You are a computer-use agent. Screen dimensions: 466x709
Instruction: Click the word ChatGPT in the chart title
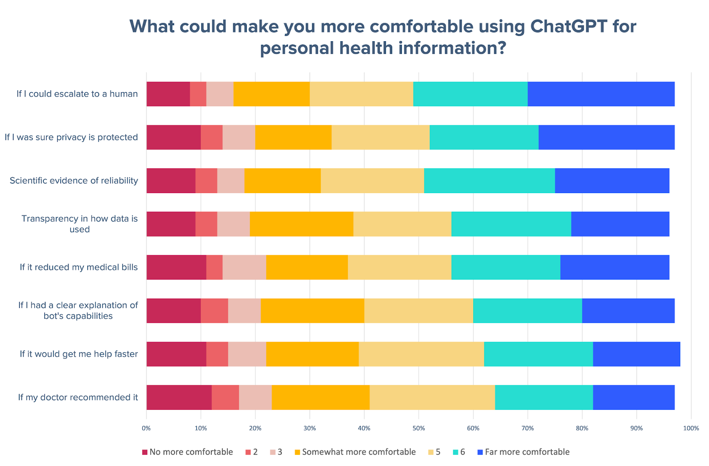[569, 27]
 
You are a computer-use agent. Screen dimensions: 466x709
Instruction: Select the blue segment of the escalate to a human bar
[601, 94]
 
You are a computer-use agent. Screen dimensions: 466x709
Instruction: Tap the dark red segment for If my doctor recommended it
[179, 397]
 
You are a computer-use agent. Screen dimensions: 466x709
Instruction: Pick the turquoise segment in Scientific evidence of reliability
[489, 181]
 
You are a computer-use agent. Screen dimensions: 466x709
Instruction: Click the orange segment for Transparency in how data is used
[301, 224]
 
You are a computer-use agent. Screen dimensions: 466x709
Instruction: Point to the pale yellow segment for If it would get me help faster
[421, 354]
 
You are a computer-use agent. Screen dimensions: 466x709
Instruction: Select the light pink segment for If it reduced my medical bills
[244, 267]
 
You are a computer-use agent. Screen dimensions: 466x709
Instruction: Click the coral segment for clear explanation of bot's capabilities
[214, 311]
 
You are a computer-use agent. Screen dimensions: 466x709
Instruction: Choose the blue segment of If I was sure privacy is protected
[607, 137]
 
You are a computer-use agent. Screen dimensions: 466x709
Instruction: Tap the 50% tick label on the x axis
[419, 428]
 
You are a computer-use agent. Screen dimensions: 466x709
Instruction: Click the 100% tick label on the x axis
[691, 428]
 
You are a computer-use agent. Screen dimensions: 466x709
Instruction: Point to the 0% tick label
[146, 428]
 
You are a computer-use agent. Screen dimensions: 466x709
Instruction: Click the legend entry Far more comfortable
[527, 452]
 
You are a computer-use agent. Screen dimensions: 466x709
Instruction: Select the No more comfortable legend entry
[191, 452]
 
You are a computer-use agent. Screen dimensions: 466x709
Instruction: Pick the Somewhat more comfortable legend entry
[358, 452]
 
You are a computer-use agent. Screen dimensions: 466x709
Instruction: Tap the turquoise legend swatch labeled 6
[456, 452]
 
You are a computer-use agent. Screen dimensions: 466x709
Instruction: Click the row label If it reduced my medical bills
[78, 267]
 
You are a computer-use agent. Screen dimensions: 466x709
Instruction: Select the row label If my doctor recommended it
[78, 397]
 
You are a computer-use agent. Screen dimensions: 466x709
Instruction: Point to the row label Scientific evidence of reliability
[74, 181]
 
